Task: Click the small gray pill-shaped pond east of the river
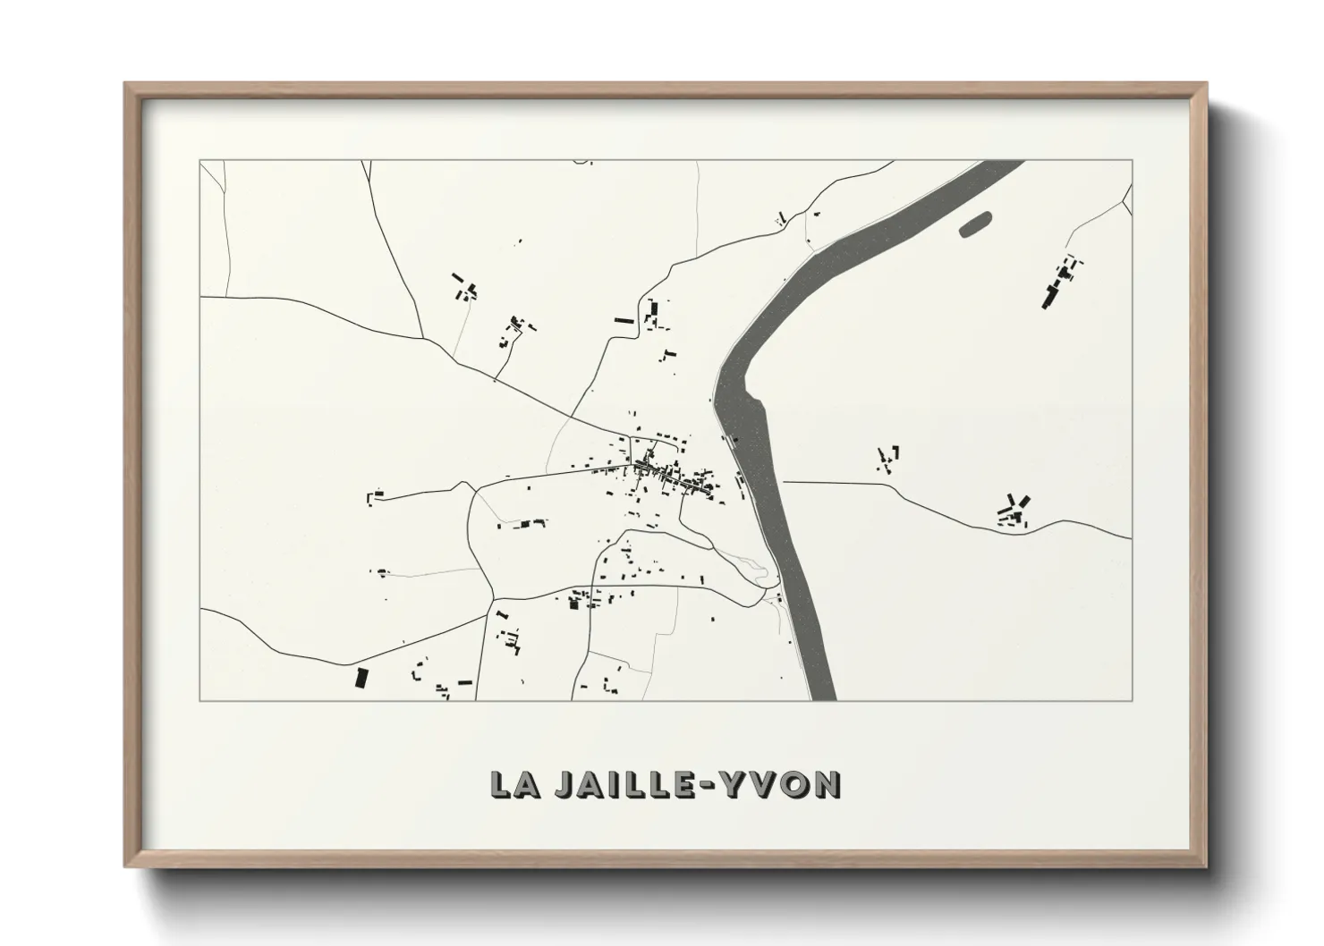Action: point(976,224)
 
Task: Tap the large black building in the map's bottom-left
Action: point(361,678)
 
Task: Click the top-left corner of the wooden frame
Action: point(126,84)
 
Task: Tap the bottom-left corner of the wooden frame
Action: point(126,866)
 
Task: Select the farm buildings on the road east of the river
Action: point(1014,511)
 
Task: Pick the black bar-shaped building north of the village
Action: point(624,320)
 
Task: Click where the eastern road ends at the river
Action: point(785,482)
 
